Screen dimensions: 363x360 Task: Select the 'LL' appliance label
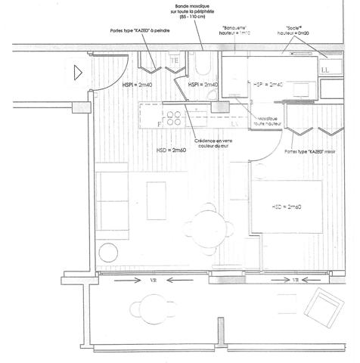point(326,70)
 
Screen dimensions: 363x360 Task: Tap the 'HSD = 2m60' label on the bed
point(287,207)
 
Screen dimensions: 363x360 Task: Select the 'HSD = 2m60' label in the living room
point(171,150)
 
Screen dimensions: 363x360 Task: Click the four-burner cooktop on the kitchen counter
point(173,117)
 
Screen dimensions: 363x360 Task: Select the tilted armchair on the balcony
point(323,309)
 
